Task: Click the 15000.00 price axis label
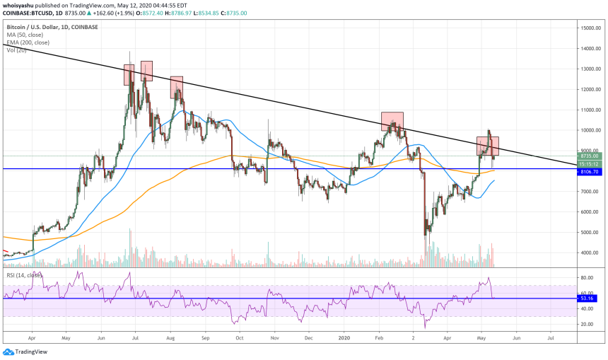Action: point(590,28)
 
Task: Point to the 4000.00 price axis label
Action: point(590,252)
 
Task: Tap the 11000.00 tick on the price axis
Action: point(590,110)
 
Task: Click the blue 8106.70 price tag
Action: point(590,171)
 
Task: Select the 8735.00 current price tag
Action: point(590,156)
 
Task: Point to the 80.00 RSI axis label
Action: point(587,277)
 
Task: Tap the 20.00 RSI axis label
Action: point(587,324)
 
